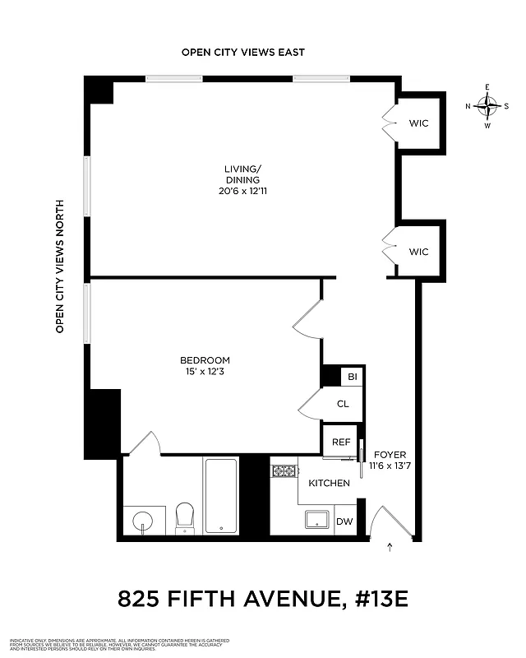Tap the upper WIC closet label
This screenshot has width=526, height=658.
[x=419, y=124]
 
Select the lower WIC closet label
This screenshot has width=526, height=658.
[x=419, y=252]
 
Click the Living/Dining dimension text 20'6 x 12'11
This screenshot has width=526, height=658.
[x=242, y=192]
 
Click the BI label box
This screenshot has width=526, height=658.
[x=353, y=377]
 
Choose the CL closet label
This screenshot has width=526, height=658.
[x=343, y=404]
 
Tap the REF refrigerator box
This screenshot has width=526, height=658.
[x=340, y=442]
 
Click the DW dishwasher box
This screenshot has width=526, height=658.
[x=345, y=521]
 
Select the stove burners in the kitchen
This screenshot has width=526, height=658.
[x=284, y=472]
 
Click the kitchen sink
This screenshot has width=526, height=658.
[x=316, y=520]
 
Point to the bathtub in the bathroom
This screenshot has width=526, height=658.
[x=220, y=496]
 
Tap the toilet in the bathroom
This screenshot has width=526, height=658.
[x=185, y=517]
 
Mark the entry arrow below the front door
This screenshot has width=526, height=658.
[x=390, y=546]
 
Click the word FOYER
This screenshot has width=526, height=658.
[x=390, y=454]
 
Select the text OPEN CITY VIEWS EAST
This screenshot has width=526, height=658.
[x=243, y=52]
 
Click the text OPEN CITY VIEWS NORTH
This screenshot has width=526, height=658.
[x=60, y=266]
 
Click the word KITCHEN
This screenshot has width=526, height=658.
[x=329, y=483]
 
